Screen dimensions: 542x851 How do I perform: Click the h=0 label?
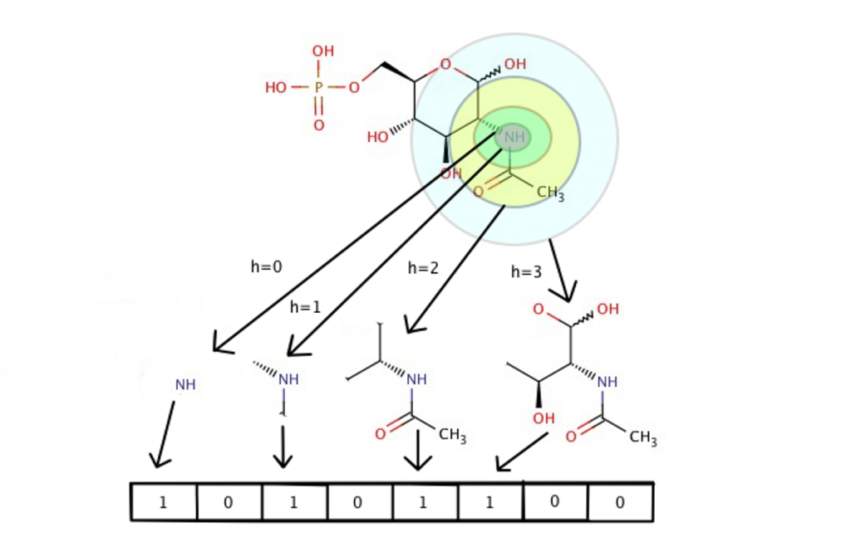266,266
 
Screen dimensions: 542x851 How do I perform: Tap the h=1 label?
305,307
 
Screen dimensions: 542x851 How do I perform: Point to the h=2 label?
423,267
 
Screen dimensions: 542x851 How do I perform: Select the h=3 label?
526,271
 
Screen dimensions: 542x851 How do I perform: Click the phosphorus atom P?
318,87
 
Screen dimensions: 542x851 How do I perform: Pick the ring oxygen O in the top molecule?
445,64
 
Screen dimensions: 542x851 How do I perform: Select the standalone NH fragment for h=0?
185,385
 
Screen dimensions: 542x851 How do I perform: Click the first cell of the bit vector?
164,502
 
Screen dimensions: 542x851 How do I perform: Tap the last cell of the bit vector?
620,502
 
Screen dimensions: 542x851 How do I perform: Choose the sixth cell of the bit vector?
490,502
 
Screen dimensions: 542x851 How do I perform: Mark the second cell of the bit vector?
229,502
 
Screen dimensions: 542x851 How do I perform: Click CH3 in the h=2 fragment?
452,435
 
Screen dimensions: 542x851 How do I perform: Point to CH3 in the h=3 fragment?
642,437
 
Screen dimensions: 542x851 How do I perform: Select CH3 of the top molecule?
550,193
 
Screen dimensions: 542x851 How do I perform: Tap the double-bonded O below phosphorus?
318,125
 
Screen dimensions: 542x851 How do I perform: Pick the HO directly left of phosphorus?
276,87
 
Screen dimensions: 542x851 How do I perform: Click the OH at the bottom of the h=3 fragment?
544,418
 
